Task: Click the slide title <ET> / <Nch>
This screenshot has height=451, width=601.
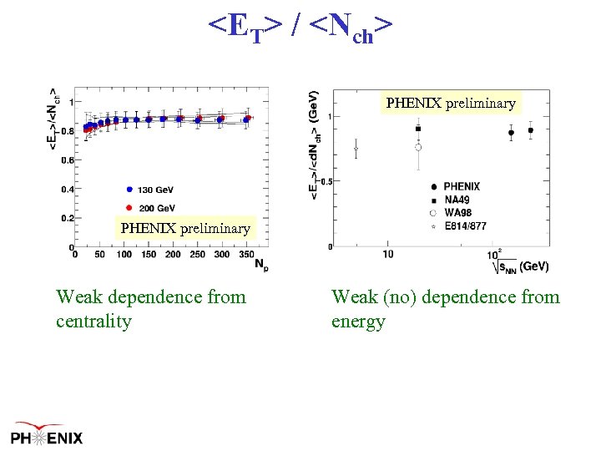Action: [300, 28]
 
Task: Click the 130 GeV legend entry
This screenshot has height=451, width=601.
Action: [150, 190]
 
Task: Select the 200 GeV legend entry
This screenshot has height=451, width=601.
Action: [150, 207]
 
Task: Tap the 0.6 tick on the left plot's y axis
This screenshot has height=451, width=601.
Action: [66, 160]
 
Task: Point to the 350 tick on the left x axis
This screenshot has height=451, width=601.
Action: [245, 254]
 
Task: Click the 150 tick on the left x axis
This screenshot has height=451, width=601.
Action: [149, 254]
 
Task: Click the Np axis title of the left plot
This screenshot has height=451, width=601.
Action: [261, 266]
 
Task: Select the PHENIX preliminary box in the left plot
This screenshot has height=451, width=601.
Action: [185, 228]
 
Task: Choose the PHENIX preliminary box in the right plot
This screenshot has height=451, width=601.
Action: [451, 104]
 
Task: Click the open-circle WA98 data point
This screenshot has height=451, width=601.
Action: [418, 147]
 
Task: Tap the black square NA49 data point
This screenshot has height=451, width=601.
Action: [418, 129]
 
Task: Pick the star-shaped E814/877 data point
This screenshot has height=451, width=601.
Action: [356, 150]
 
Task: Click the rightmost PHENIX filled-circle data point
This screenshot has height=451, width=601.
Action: [530, 130]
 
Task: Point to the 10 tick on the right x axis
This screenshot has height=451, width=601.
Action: [388, 253]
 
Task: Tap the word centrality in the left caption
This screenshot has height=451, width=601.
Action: [93, 322]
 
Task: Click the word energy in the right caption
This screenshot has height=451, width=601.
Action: [358, 322]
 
